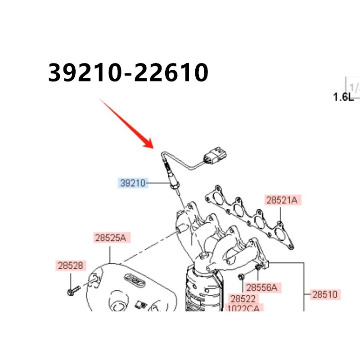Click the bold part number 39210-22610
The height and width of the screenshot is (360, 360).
(128, 73)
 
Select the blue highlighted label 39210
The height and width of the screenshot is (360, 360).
(133, 183)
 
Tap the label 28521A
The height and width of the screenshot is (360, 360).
(282, 201)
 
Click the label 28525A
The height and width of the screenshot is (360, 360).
(110, 237)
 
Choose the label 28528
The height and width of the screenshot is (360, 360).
(71, 265)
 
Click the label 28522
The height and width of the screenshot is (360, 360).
(243, 298)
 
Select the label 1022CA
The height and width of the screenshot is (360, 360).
(243, 308)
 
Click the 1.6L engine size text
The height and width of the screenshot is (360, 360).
(343, 97)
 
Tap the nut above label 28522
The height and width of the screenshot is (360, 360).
(241, 276)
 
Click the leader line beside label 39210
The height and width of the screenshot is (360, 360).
(158, 183)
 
